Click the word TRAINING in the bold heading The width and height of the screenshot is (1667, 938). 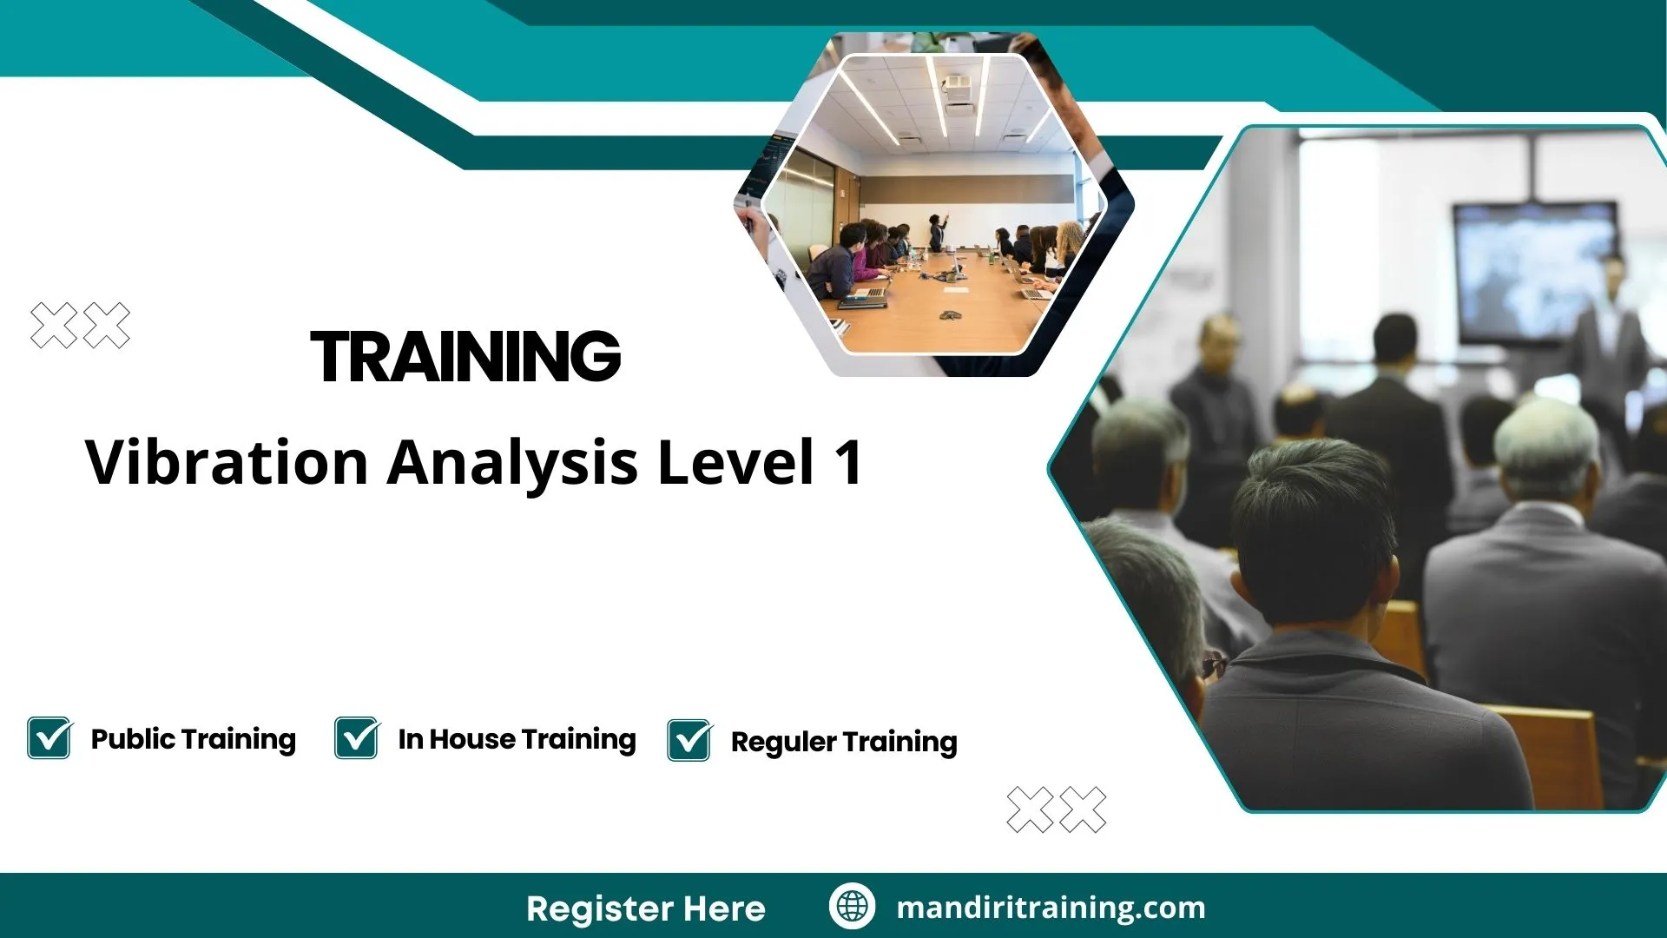[x=465, y=356]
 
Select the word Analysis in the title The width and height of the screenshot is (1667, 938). [x=512, y=462]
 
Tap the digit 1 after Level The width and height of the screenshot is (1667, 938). [x=848, y=462]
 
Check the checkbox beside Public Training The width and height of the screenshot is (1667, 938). [x=49, y=738]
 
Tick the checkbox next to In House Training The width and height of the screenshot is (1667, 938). [x=357, y=738]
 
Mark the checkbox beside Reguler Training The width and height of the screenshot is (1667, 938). [x=689, y=741]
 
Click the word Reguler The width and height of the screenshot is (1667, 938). [x=783, y=743]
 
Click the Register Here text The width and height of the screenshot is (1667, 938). [x=645, y=908]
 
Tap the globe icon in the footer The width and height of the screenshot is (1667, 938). [x=852, y=907]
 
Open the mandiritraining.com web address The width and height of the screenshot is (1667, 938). [x=1051, y=908]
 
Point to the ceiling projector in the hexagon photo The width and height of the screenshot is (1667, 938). [x=957, y=84]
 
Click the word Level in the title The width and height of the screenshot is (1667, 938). [x=735, y=462]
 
